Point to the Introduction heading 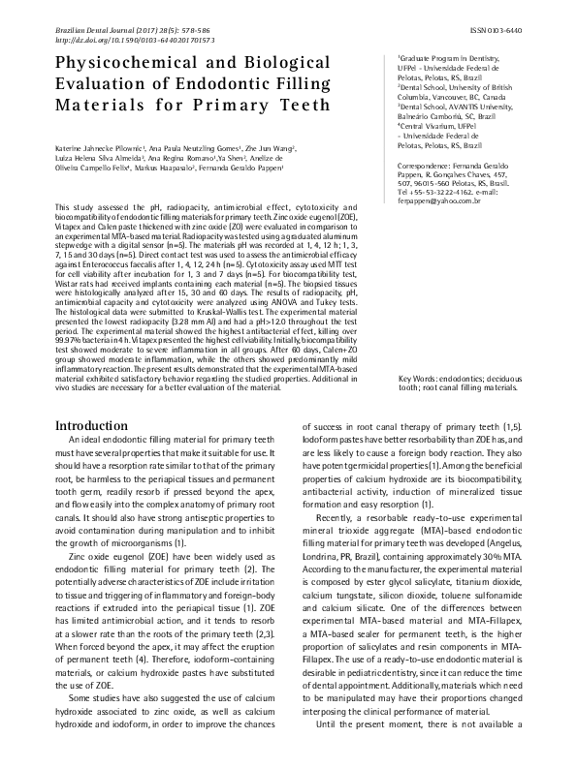pos(98,426)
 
